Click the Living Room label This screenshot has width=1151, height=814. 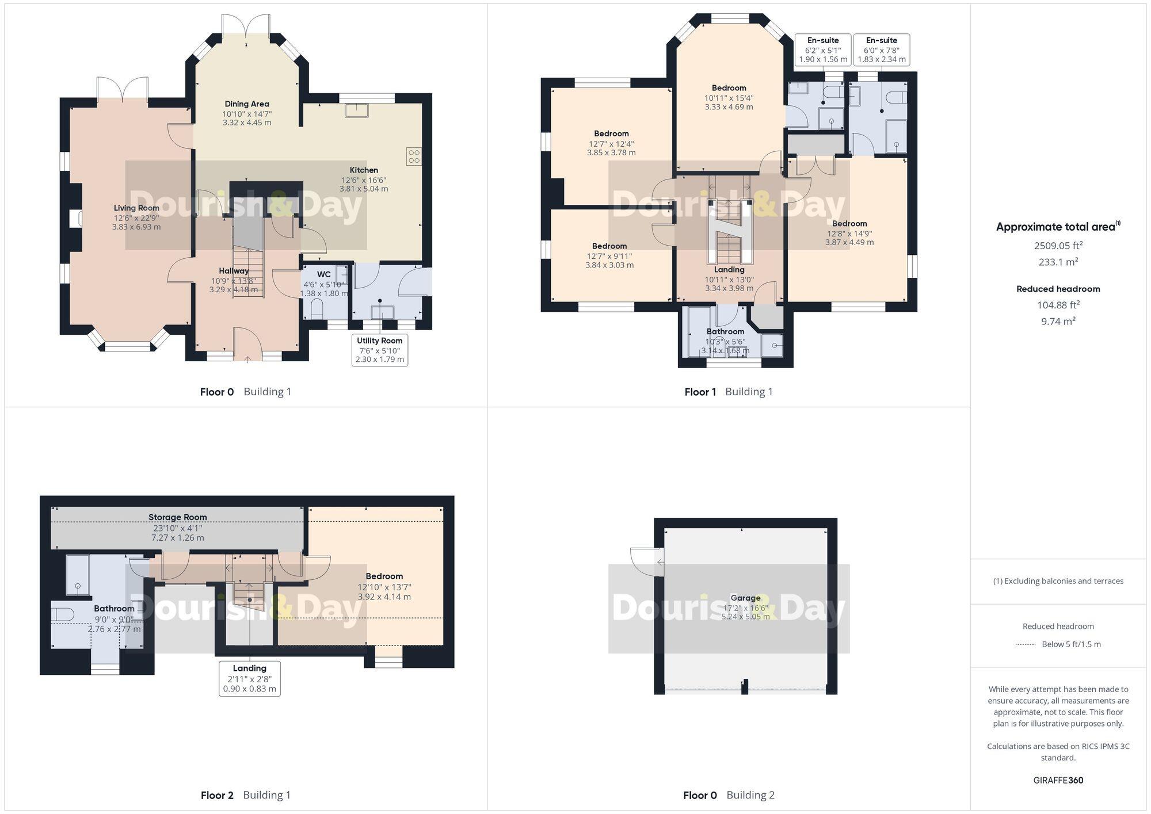pyautogui.click(x=136, y=208)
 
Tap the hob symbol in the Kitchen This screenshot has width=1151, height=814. pyautogui.click(x=414, y=156)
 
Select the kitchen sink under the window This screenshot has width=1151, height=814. pyautogui.click(x=357, y=110)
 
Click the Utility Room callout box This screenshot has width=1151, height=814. pyautogui.click(x=380, y=350)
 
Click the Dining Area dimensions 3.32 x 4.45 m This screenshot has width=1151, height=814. pyautogui.click(x=247, y=123)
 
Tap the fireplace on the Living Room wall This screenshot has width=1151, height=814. pyautogui.click(x=75, y=219)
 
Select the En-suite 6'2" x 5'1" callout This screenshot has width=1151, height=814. pyautogui.click(x=823, y=50)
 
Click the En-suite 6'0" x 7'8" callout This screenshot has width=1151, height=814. pyautogui.click(x=882, y=50)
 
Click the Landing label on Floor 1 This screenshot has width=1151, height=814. pyautogui.click(x=729, y=270)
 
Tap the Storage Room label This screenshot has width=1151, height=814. pyautogui.click(x=177, y=517)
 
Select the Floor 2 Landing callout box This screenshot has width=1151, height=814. pyautogui.click(x=250, y=678)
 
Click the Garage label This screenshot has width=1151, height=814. pyautogui.click(x=745, y=598)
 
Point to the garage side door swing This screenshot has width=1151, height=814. pyautogui.click(x=643, y=560)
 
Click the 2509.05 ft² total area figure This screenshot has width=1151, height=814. pyautogui.click(x=1058, y=246)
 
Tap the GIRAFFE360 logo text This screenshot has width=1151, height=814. pyautogui.click(x=1058, y=781)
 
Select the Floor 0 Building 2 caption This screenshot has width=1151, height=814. pyautogui.click(x=729, y=795)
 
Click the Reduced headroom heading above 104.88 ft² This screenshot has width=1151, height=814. pyautogui.click(x=1058, y=289)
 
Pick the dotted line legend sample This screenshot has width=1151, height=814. pyautogui.click(x=1026, y=644)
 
